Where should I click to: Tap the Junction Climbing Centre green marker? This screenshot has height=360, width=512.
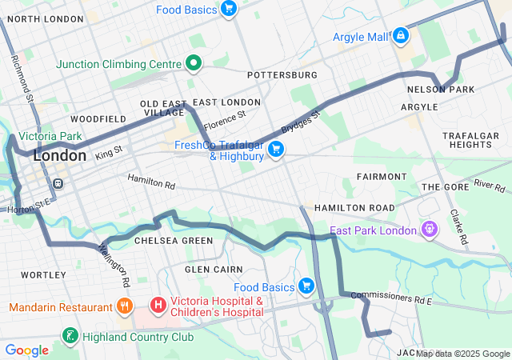[x=193, y=62]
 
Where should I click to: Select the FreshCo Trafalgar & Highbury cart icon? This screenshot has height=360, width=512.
[x=276, y=149]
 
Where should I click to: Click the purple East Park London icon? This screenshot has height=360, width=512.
[x=430, y=230]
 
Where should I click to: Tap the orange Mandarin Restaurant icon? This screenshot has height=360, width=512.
[x=124, y=306]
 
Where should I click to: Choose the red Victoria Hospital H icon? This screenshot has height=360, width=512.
[x=158, y=305]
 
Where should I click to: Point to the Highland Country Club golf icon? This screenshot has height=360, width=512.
[x=71, y=336]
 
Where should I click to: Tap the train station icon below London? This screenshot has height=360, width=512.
[x=58, y=183]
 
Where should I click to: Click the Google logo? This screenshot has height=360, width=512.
[x=27, y=350]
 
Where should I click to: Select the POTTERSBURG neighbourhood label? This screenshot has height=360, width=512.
[x=282, y=74]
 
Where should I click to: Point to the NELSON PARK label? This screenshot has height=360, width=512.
[x=441, y=90]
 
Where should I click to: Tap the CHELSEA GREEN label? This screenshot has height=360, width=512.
[x=174, y=240]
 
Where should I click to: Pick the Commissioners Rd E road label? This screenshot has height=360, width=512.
[x=391, y=298]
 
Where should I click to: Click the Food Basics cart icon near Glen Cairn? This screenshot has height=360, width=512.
[x=305, y=286]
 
